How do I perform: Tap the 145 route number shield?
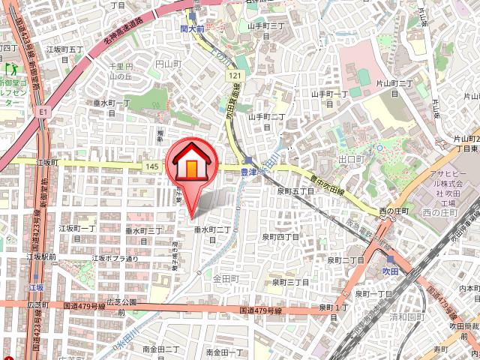click(x=152, y=165)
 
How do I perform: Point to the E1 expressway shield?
click(x=42, y=111)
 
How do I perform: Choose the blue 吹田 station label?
click(x=389, y=269)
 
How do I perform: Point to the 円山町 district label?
click(x=169, y=65)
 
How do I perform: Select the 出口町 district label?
click(x=351, y=160)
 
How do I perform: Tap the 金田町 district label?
click(x=225, y=278)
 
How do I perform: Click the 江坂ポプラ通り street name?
click(x=115, y=259)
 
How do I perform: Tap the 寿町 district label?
click(x=439, y=349)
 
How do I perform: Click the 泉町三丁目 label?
click(x=290, y=282)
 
